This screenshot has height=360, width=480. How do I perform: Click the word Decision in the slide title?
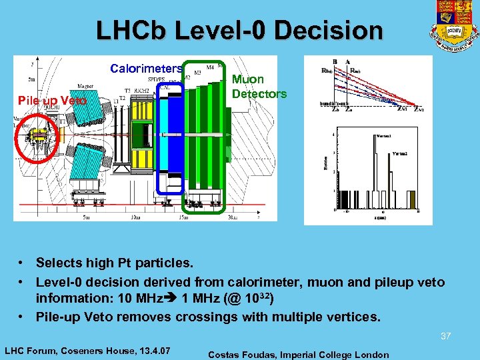coord(334,31)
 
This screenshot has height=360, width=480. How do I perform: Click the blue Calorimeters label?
coord(146,69)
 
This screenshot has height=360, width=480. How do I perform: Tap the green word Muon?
coord(247,79)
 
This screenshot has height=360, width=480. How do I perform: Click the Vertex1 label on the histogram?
coord(385,135)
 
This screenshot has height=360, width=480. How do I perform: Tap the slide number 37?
coord(445,337)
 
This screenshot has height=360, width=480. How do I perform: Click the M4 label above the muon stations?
coord(210,67)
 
